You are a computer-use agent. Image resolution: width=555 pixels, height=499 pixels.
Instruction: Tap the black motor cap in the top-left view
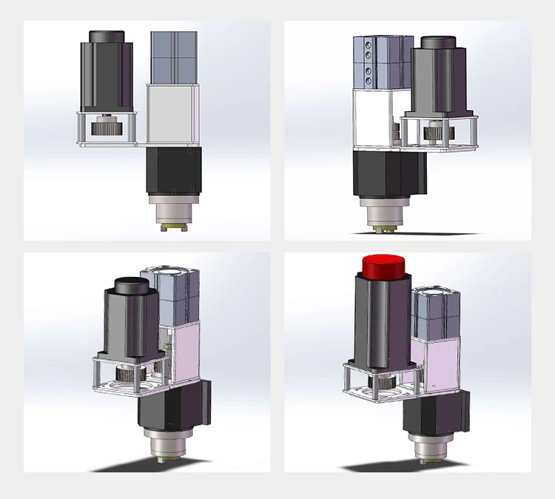click(107, 37)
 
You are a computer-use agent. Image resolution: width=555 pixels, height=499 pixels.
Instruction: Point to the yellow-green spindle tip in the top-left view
click(174, 226)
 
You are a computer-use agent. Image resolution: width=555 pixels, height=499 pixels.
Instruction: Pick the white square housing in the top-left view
click(173, 115)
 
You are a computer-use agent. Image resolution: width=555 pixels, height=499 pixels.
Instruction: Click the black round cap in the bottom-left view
click(130, 284)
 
